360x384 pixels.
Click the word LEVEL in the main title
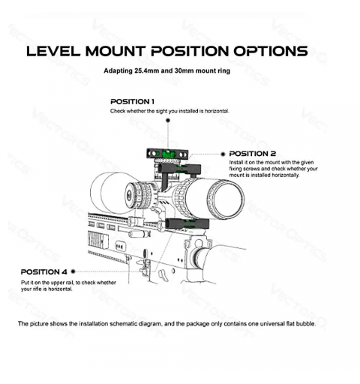click(x=53, y=51)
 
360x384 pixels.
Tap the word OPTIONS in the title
click(x=271, y=51)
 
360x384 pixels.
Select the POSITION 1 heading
click(x=132, y=102)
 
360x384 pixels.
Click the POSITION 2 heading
click(x=253, y=154)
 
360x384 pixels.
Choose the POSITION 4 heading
click(x=44, y=271)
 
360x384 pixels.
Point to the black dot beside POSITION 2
click(x=223, y=154)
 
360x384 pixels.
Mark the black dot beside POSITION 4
click(x=73, y=271)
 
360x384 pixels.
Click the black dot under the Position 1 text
click(x=168, y=121)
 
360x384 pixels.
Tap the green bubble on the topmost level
click(x=166, y=153)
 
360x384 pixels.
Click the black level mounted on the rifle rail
click(x=187, y=223)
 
